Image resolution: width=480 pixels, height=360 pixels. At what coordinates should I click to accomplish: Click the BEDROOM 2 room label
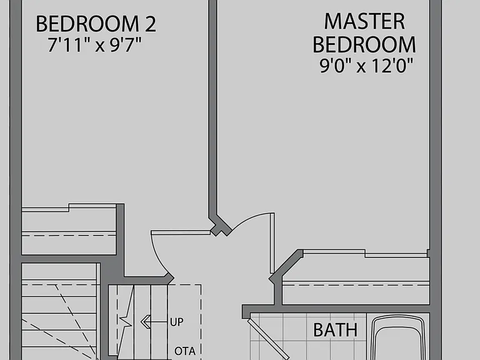click(x=96, y=24)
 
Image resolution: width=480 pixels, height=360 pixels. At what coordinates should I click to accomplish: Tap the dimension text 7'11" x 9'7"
click(x=94, y=45)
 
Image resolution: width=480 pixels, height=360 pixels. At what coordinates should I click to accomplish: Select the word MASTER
click(x=364, y=21)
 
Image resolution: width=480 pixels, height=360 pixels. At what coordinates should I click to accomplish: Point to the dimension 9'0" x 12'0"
click(x=366, y=66)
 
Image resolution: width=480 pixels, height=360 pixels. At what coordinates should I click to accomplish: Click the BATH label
click(x=335, y=330)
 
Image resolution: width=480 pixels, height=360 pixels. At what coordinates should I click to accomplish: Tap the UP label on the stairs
click(x=177, y=322)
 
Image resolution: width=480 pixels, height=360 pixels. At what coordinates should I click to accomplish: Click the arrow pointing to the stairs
click(x=154, y=322)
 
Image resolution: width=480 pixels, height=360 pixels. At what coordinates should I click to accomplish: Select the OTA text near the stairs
click(x=185, y=351)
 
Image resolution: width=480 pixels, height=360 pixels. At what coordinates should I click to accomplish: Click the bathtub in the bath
click(x=397, y=337)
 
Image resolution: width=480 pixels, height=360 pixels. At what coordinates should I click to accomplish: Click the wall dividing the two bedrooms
click(x=212, y=107)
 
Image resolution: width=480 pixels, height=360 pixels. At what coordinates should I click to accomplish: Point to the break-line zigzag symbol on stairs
click(x=126, y=321)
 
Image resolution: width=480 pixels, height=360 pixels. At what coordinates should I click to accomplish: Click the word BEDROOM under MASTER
click(x=364, y=45)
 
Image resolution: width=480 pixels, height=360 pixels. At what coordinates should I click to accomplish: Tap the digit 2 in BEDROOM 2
click(x=150, y=24)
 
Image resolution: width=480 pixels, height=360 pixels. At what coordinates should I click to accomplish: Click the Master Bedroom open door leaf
click(x=272, y=243)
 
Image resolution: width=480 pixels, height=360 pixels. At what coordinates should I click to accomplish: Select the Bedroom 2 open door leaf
click(x=181, y=232)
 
